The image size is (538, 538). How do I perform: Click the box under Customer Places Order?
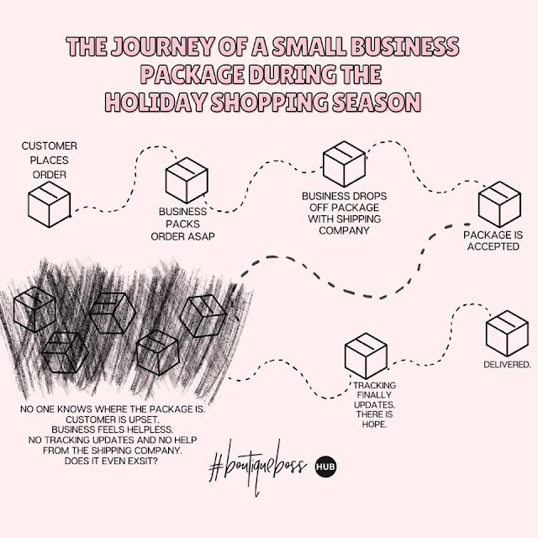coord(50,204)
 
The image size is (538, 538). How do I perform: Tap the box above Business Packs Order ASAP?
coord(187,180)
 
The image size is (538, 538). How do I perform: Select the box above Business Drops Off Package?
coord(344,164)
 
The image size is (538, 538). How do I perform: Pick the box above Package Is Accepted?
coord(499,204)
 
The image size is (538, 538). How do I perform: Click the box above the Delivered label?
coord(507,333)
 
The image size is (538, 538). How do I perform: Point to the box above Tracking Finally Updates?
coord(366,356)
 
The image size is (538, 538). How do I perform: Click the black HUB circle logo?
coord(325,467)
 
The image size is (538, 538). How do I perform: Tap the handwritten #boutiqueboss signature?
coord(257,467)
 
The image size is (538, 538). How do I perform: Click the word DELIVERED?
coord(507,364)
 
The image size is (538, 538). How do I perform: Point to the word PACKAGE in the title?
coord(193,74)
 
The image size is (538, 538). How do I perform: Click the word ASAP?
coord(200,236)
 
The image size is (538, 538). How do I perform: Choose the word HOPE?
coord(374,424)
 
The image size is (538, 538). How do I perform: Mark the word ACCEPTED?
coord(493,246)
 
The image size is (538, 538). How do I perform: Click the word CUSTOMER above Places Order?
coord(50,145)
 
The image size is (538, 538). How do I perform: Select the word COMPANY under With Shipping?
coord(344,230)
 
